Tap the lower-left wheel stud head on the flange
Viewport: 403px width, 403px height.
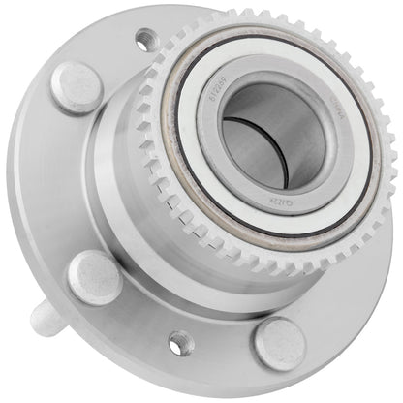click(94, 276)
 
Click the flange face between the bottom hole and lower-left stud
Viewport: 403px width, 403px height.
click(136, 310)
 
